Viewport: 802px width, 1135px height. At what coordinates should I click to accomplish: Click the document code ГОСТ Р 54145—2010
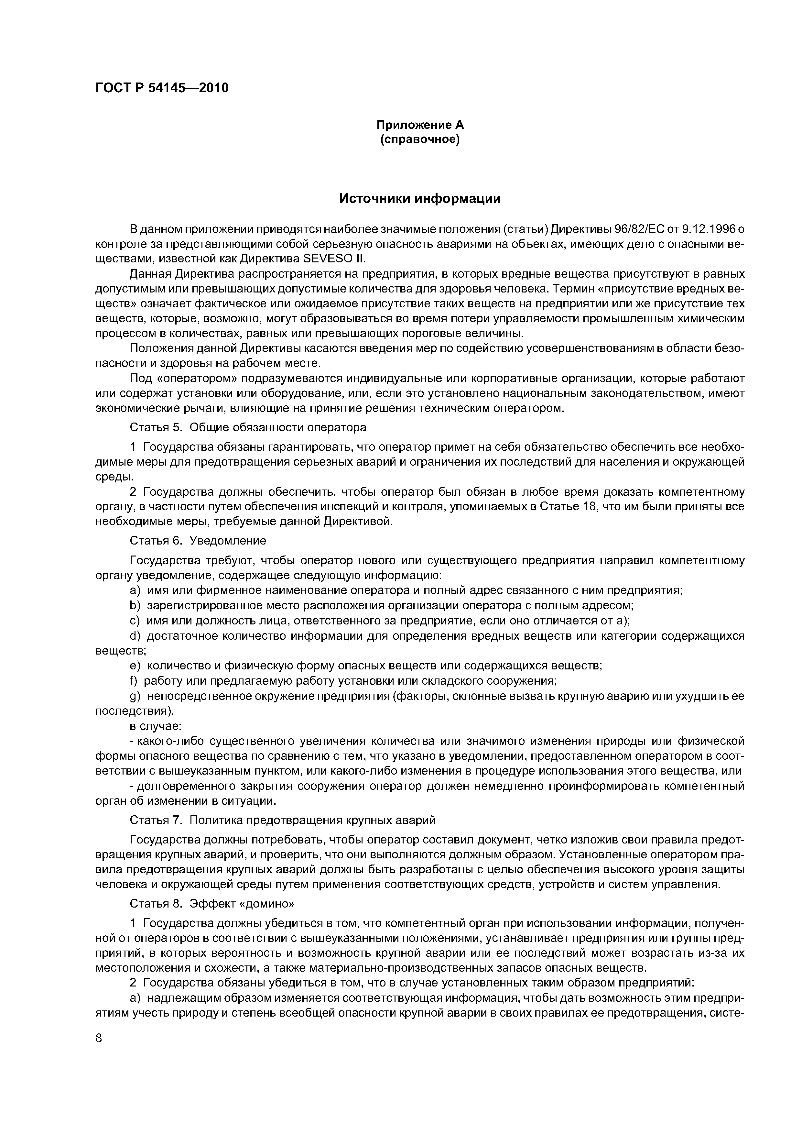click(162, 88)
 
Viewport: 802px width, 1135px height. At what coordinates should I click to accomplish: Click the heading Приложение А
click(420, 125)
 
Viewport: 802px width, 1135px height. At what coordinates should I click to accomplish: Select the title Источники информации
click(420, 199)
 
